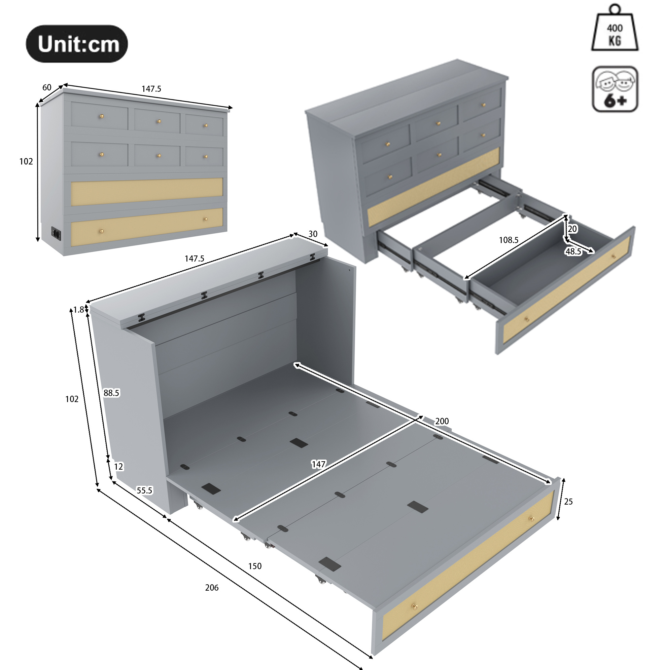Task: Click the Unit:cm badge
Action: tap(77, 44)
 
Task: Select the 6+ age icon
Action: tap(615, 89)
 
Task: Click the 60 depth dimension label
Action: tap(47, 87)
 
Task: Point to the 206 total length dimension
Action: tap(212, 587)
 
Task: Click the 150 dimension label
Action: tap(255, 566)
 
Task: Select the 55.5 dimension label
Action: tap(144, 490)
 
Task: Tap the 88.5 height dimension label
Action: tap(111, 393)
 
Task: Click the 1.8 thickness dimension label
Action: tap(78, 309)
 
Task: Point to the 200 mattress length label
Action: tap(442, 421)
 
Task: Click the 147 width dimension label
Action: tap(319, 464)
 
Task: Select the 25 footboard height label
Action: tap(568, 502)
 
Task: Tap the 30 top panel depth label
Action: tap(313, 234)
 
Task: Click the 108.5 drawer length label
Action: tap(509, 240)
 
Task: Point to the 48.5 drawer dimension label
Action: tap(573, 251)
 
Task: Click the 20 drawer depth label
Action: tap(572, 229)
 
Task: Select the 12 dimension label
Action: tap(118, 466)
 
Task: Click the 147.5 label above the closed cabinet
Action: tap(151, 89)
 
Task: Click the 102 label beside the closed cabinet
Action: tap(26, 161)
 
